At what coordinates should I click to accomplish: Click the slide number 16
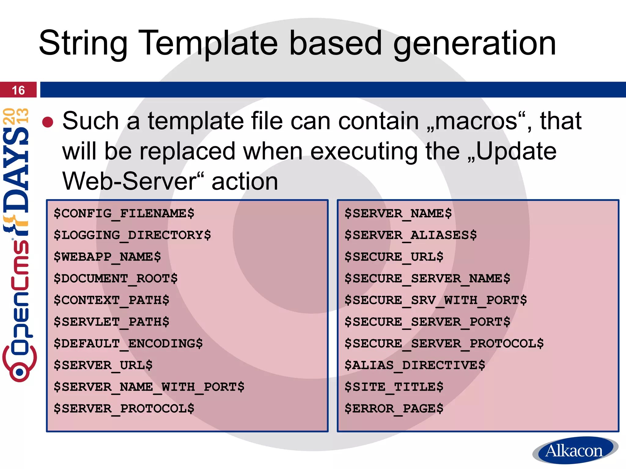pos(18,90)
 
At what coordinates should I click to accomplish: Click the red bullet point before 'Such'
pos(48,122)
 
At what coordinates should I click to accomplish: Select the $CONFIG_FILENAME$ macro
pos(124,213)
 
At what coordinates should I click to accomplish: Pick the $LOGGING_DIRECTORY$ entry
pos(132,235)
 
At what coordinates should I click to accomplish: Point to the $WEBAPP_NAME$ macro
pos(107,257)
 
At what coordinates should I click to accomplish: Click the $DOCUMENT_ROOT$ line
pos(116,278)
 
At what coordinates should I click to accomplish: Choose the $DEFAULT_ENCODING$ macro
pos(128,344)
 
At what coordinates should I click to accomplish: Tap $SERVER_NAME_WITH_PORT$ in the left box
pos(149,387)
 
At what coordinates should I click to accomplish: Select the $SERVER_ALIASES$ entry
pos(411,235)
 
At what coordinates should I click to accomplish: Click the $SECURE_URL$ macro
pos(394,257)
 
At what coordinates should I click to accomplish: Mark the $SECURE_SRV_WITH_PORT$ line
pos(436,300)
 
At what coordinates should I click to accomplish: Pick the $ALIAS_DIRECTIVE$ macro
pos(414,365)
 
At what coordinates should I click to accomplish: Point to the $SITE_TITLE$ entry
pos(394,387)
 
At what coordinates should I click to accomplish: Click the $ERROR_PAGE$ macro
pos(394,409)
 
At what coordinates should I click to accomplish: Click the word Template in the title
pos(208,43)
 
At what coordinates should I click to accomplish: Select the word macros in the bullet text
pos(476,122)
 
